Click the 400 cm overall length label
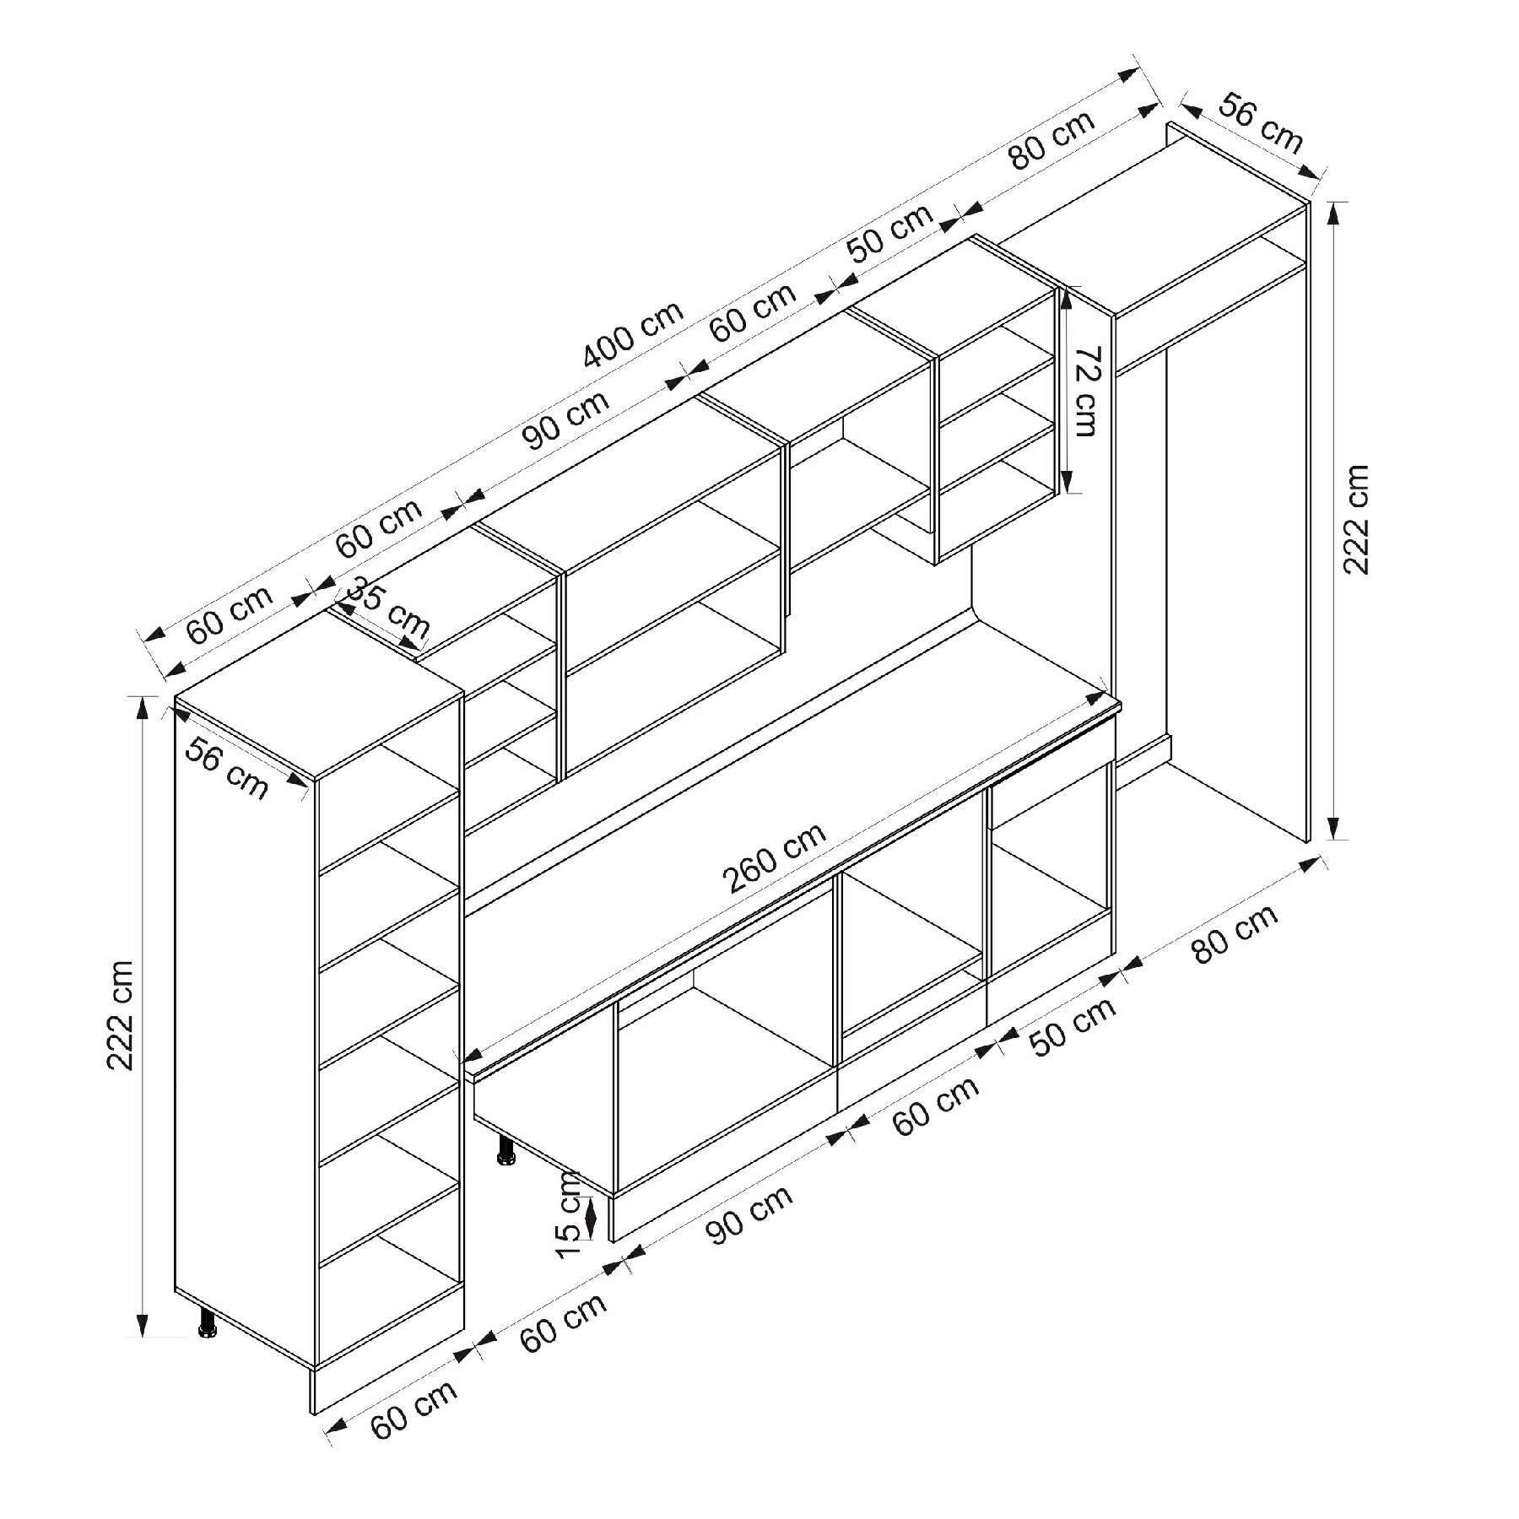pos(633,334)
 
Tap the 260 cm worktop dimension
pos(775,857)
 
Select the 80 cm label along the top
pos(1051,140)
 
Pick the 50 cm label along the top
pos(890,233)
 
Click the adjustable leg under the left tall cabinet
pos(207,1326)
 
